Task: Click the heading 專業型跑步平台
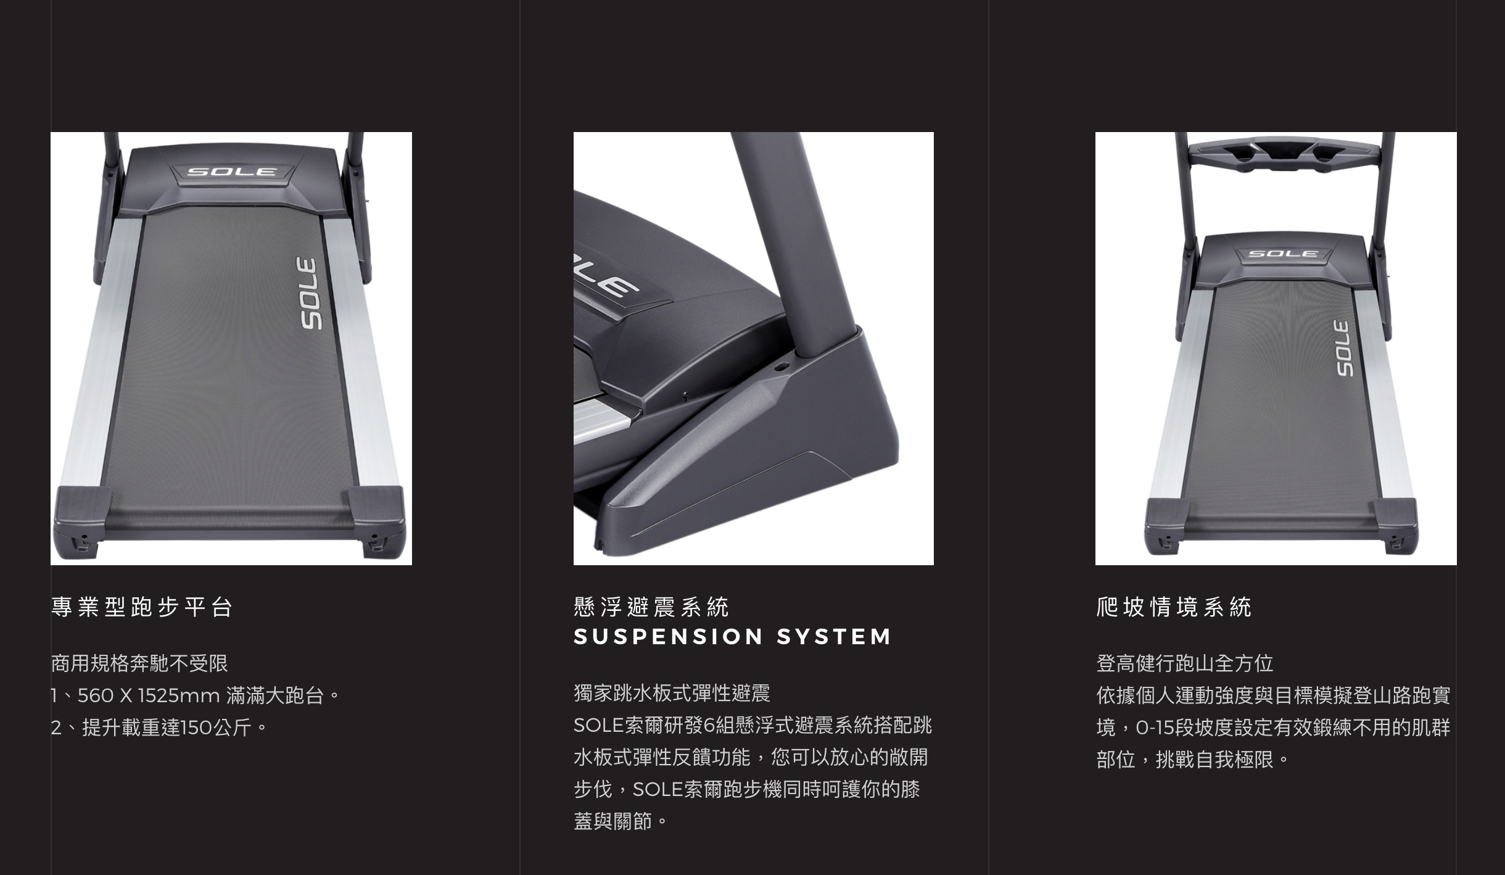coord(141,607)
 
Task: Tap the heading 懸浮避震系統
coord(651,607)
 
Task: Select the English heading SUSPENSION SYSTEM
coord(733,636)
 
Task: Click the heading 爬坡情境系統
coord(1174,607)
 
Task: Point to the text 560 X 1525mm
coord(149,696)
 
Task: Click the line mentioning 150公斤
coord(159,728)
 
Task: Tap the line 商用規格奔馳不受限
coord(139,664)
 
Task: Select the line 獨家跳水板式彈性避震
coord(672,694)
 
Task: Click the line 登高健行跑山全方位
coord(1185,664)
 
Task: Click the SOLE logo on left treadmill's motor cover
coord(231,171)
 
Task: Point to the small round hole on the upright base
coord(781,367)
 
